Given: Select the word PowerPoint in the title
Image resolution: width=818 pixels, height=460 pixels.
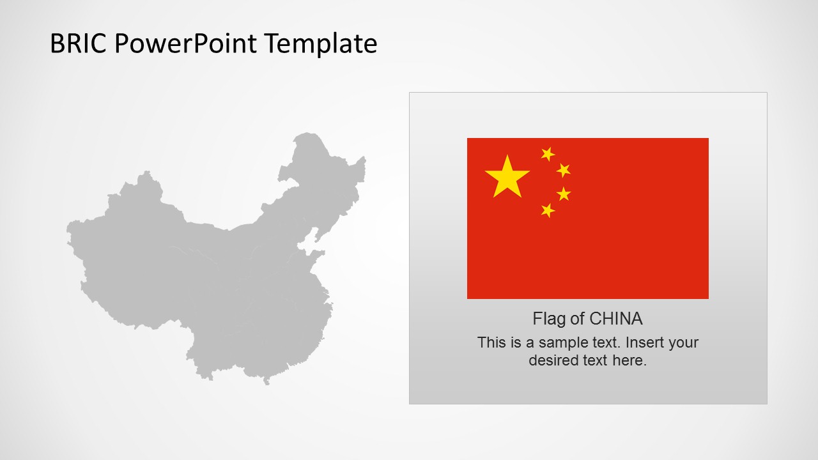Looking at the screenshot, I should point(186,44).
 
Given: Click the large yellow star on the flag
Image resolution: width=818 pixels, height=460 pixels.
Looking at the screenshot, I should point(507,177).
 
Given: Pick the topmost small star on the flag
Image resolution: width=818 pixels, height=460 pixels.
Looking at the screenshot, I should point(548,153).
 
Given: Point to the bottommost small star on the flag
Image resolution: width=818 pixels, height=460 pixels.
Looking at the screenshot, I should point(548,210).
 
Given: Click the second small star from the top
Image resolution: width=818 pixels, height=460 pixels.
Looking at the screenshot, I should point(563,170).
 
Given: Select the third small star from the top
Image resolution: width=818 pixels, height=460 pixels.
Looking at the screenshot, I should point(563,194).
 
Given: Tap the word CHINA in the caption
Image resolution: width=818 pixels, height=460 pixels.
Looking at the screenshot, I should point(616,319).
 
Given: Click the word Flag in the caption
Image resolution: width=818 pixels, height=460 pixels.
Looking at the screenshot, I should point(548,319).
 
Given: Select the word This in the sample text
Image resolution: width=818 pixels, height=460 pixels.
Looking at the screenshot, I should point(491,342).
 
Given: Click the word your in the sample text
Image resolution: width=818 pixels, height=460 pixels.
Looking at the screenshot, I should point(683,342).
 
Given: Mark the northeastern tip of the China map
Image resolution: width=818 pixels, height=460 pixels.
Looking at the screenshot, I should point(364,158).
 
